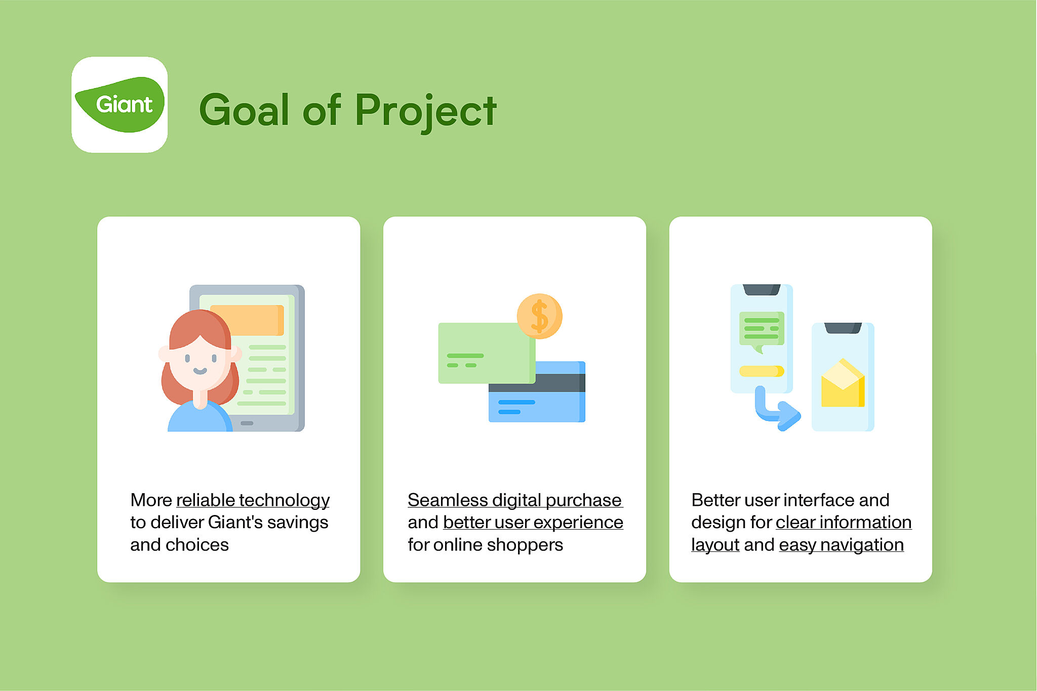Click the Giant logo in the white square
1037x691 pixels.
(119, 105)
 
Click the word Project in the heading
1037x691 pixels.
(426, 111)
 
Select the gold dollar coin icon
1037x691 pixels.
(540, 316)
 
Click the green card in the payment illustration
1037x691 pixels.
(487, 353)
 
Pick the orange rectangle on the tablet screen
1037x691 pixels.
(247, 320)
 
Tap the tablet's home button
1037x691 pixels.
(247, 423)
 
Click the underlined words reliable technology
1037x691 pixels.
(253, 500)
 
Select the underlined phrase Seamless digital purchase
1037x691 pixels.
(515, 500)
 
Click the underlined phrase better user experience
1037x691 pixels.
(533, 523)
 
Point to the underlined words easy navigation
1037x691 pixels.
(842, 545)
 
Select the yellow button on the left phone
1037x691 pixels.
(762, 371)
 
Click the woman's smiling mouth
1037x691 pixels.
(200, 371)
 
